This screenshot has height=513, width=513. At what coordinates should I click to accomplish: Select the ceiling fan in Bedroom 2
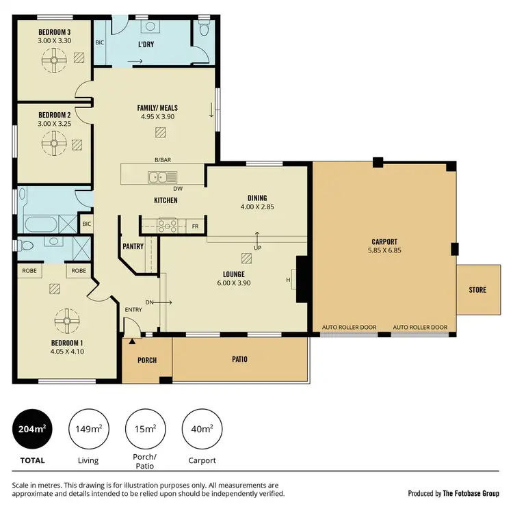point(53,144)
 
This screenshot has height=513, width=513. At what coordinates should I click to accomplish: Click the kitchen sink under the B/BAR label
point(162,178)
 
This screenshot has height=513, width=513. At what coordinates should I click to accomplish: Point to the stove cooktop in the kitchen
point(167,224)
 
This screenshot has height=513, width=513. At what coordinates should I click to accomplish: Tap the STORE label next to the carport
point(477,290)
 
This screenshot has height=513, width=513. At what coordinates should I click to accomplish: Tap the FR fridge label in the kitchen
point(195,225)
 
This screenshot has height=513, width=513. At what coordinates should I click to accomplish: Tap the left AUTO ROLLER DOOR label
point(349,328)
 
